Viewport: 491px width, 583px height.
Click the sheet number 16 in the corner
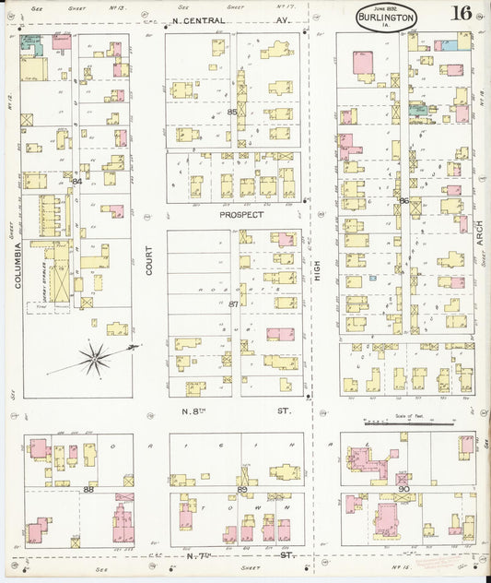(461, 13)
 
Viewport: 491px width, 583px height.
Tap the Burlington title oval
(386, 17)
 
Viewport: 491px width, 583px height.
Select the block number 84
(77, 182)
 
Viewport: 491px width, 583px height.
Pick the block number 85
(232, 113)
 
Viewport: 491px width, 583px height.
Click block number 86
(403, 200)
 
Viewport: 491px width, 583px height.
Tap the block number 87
(233, 303)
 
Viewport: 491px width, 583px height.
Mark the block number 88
(88, 490)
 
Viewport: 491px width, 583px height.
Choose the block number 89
(242, 490)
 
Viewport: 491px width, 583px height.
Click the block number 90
(403, 488)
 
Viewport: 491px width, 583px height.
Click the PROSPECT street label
(241, 214)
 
